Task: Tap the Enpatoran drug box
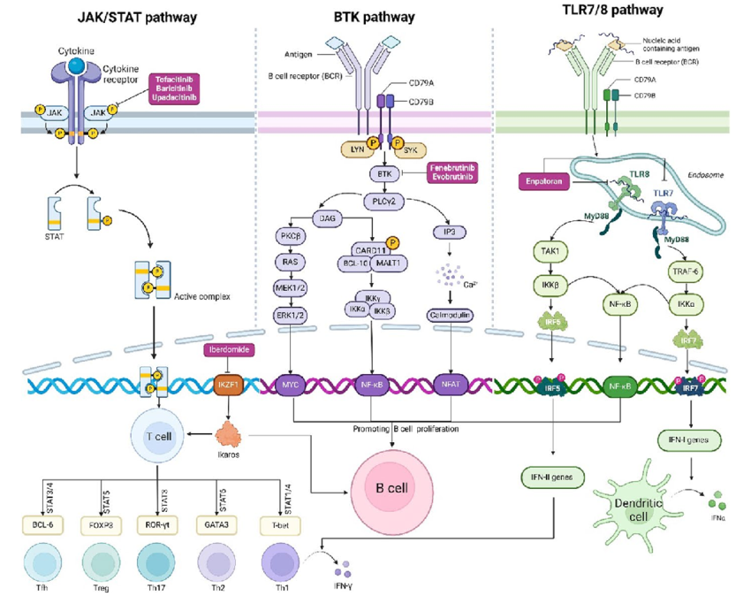[x=543, y=180]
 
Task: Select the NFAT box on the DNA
[x=451, y=385]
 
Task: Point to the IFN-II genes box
[x=550, y=478]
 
